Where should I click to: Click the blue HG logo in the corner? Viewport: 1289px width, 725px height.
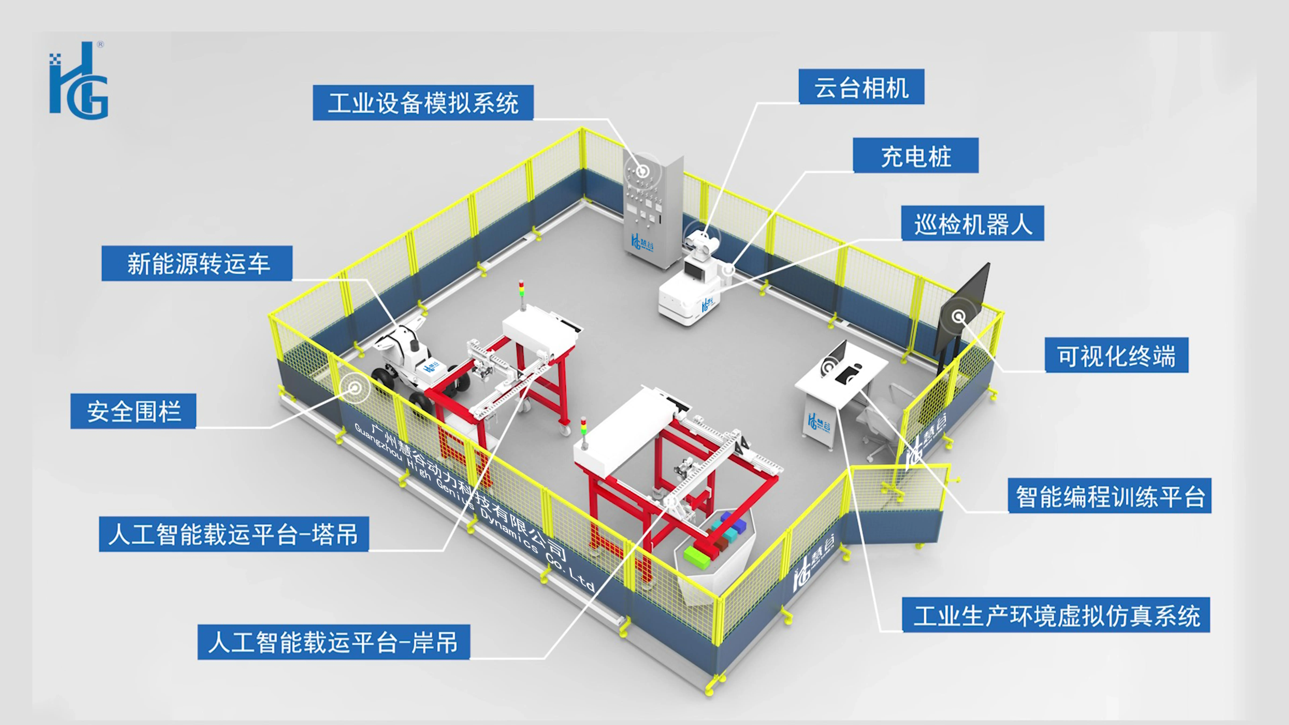79,80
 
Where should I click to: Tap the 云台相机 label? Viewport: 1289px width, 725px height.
861,87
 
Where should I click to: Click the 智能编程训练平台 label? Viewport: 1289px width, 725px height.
1109,496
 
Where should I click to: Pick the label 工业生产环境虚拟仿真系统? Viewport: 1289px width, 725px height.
1056,615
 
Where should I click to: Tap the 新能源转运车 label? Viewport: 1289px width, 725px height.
197,263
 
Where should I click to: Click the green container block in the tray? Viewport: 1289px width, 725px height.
697,557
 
